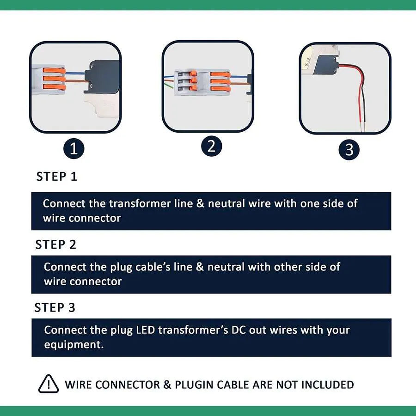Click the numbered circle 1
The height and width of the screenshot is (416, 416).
click(74, 149)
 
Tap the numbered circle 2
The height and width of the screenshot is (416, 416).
click(211, 147)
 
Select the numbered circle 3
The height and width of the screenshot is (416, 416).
click(349, 150)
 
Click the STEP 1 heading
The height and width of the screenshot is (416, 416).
click(57, 177)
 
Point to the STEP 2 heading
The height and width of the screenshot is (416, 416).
click(56, 245)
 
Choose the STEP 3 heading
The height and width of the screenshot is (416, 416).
click(55, 308)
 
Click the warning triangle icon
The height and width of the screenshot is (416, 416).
click(48, 384)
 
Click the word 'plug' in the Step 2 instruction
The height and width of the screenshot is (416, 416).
click(122, 267)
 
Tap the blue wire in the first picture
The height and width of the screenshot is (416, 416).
click(76, 71)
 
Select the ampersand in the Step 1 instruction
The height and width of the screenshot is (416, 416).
click(200, 203)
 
